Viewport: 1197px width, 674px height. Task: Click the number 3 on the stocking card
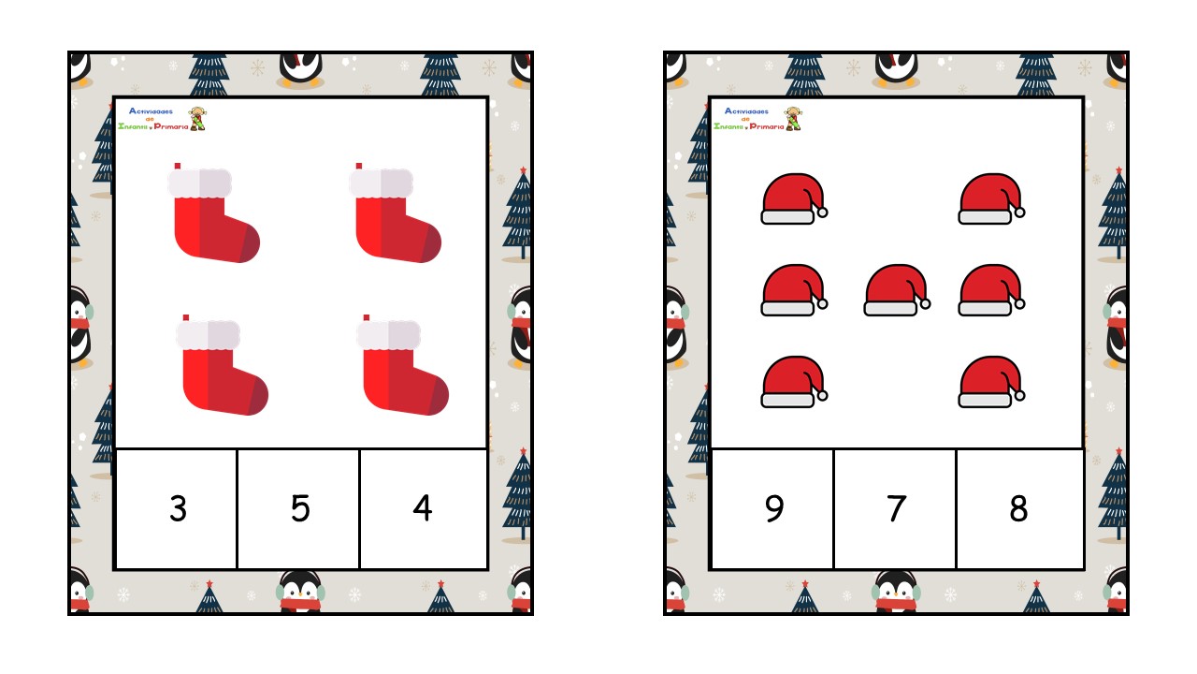(x=178, y=508)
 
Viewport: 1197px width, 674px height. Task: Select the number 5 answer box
(x=299, y=508)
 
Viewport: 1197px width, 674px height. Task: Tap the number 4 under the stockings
(x=423, y=508)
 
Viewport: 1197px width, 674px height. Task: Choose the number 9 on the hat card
(x=774, y=508)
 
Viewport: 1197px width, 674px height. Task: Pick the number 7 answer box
(x=896, y=508)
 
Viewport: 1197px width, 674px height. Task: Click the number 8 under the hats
(x=1018, y=508)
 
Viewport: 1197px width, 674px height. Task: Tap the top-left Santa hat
(x=793, y=199)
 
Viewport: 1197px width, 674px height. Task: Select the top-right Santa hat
(x=990, y=199)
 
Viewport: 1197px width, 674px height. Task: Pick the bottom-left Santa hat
(x=793, y=382)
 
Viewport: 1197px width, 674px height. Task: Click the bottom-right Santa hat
(x=990, y=382)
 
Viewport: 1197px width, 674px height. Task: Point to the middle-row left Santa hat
(x=793, y=290)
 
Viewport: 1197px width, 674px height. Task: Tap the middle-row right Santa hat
(x=990, y=290)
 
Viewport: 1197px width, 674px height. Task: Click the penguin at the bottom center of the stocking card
(x=300, y=592)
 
